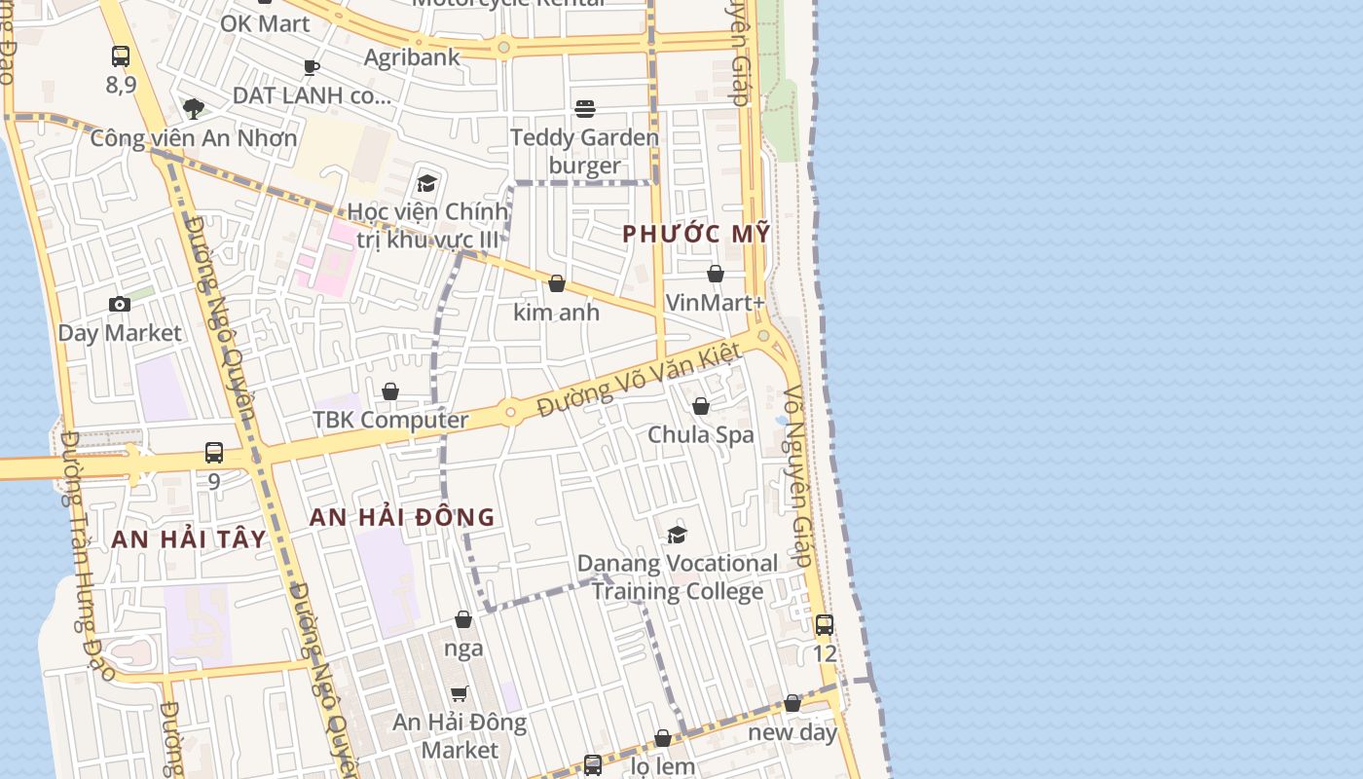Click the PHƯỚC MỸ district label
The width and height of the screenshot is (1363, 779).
(696, 234)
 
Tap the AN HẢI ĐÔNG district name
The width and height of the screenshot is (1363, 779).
(402, 517)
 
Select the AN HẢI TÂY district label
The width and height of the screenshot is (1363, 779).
(189, 538)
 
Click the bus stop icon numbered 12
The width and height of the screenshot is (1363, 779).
(825, 625)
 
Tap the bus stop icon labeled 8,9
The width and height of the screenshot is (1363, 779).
(121, 56)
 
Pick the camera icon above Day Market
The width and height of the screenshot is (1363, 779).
(120, 305)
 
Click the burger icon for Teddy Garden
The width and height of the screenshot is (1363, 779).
(585, 108)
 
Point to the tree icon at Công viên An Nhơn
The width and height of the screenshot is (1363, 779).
(194, 108)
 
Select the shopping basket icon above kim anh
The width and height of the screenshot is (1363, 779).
(557, 283)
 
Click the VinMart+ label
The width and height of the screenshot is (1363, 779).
(715, 303)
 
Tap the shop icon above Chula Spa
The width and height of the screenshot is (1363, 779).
(701, 406)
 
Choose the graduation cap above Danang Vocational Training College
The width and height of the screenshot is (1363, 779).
(678, 535)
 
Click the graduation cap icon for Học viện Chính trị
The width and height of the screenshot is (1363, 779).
(426, 183)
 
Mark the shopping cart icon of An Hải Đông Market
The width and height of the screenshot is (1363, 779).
(460, 693)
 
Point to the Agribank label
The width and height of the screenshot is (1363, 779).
(412, 57)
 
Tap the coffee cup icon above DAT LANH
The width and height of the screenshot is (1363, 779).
(312, 67)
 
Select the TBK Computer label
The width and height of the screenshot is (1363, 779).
(390, 420)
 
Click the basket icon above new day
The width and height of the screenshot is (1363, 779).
(792, 703)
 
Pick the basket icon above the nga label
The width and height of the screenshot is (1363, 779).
(463, 619)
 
